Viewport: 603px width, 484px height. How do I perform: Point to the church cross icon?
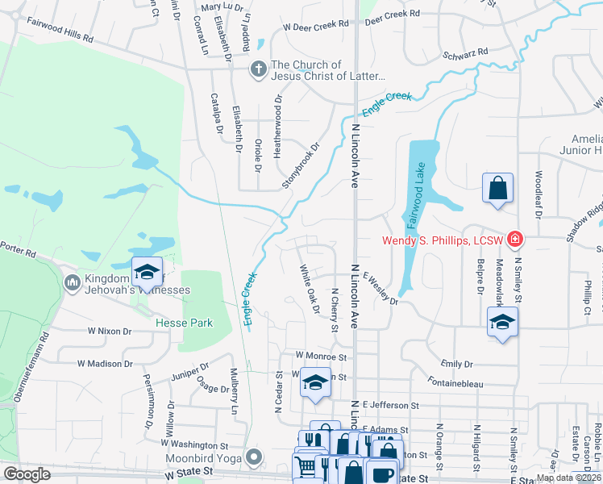[x=258, y=69]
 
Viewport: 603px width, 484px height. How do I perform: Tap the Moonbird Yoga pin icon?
[x=255, y=457]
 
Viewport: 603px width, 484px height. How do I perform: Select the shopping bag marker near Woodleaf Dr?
[x=498, y=188]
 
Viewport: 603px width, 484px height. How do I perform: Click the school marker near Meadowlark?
[x=502, y=323]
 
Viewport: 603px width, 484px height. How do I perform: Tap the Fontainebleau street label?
[x=455, y=384]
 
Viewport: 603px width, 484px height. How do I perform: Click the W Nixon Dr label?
[x=110, y=331]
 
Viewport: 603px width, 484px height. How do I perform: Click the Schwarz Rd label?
[x=466, y=54]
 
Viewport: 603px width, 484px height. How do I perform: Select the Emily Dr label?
[x=456, y=364]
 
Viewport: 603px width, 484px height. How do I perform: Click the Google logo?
[x=27, y=474]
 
